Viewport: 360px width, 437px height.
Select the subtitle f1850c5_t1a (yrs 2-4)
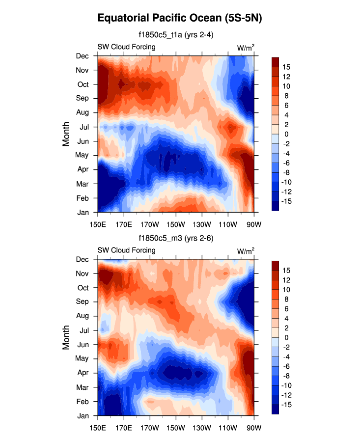click(175, 35)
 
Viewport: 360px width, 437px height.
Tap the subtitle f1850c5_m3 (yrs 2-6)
click(175, 238)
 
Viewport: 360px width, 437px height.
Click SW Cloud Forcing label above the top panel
click(126, 47)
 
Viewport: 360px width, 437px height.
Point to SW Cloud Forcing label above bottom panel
click(126, 250)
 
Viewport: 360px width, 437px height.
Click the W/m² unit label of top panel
click(246, 47)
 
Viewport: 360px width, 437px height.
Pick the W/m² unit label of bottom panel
click(246, 250)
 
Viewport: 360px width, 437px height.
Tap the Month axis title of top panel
click(67, 134)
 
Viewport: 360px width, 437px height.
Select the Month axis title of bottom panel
click(67, 337)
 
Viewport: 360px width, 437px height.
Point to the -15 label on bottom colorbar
click(288, 405)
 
